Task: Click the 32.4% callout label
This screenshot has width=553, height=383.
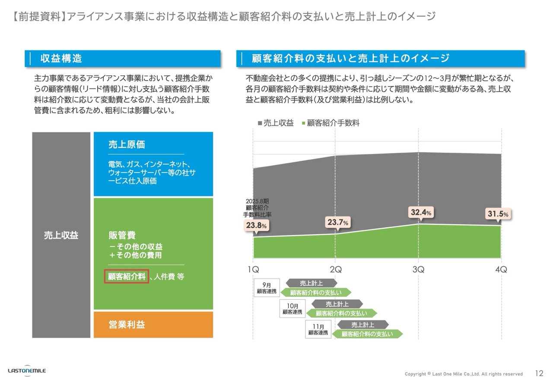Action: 421,212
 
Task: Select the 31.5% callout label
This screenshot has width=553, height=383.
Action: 498,214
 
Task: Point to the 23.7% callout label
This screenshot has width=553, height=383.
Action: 337,222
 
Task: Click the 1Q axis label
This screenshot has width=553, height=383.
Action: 253,269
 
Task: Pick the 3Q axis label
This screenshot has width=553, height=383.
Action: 418,269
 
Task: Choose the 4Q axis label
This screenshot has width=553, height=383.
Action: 501,269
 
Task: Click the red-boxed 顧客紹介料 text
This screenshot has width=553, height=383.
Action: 127,277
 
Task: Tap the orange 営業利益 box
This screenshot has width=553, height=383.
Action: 153,325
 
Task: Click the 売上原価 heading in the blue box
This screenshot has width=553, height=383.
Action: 127,145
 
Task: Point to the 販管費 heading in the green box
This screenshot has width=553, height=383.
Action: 122,235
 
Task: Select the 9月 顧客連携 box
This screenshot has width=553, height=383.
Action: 267,288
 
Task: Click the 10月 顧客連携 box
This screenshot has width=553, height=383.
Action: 292,309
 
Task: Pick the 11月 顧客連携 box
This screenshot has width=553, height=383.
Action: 318,329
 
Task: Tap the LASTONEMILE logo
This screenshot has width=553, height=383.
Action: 27,370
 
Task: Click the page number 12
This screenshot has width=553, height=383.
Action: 539,373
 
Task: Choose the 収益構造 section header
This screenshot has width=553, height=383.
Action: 61,58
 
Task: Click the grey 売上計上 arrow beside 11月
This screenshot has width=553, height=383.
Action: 362,325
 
